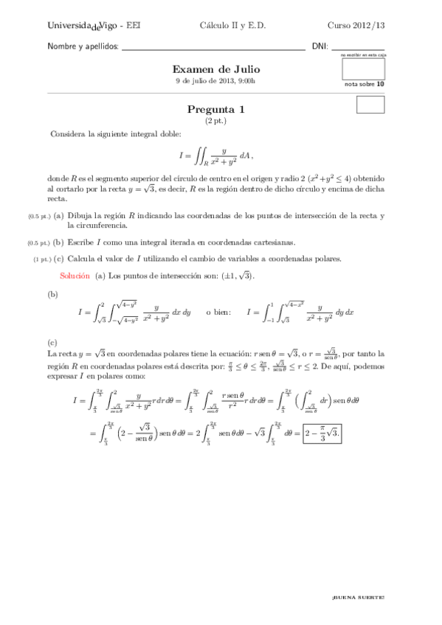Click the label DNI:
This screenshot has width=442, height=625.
pyautogui.click(x=320, y=46)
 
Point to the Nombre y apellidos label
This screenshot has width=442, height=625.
pyautogui.click(x=83, y=46)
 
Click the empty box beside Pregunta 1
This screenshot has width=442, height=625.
pyautogui.click(x=370, y=105)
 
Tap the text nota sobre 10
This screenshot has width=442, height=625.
pyautogui.click(x=364, y=84)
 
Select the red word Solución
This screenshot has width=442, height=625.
pyautogui.click(x=75, y=275)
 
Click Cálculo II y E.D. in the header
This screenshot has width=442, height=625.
pyautogui.click(x=232, y=25)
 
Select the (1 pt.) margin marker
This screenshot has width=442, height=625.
pyautogui.click(x=41, y=259)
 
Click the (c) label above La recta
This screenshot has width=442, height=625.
pyautogui.click(x=52, y=343)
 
